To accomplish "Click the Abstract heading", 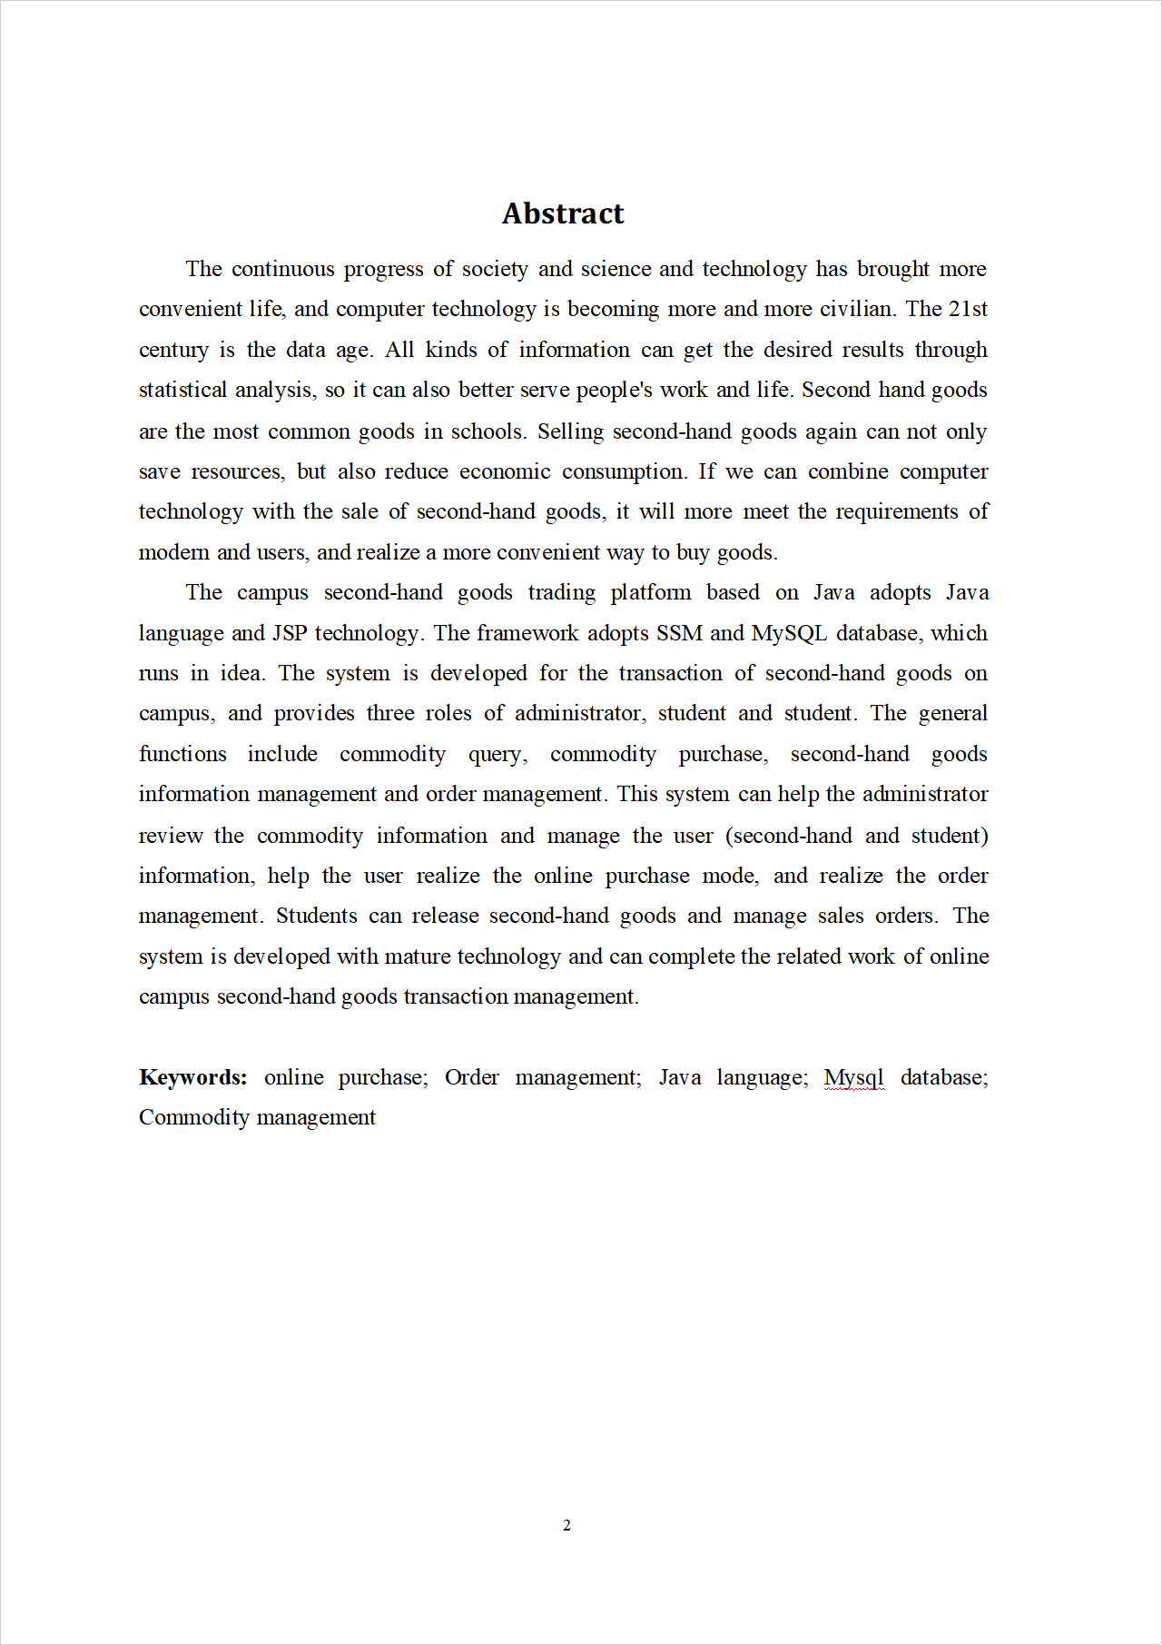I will tap(563, 213).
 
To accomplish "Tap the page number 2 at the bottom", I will tap(566, 1525).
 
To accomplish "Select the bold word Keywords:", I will tap(192, 1077).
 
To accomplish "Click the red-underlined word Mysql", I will tap(853, 1077).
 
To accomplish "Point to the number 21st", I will tap(968, 309).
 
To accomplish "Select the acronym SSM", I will tap(679, 633).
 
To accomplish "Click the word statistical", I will tap(182, 390).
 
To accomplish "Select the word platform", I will tap(651, 593).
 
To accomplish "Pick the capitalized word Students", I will tap(317, 916).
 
